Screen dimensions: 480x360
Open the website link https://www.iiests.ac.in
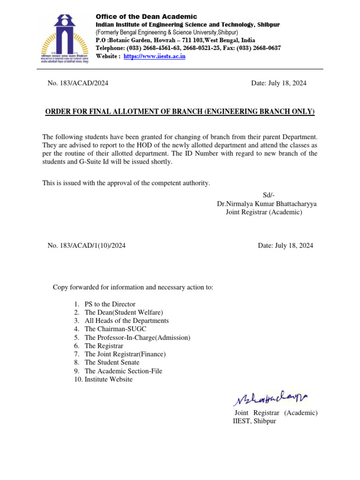[x=154, y=56]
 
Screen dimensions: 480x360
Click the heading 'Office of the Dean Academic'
[x=146, y=16]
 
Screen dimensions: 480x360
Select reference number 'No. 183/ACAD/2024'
[x=78, y=83]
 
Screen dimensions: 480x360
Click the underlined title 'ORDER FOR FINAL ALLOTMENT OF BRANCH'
[x=180, y=112]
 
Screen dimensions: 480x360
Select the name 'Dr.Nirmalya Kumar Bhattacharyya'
[x=266, y=204]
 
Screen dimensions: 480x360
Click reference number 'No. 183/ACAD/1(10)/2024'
[x=86, y=245]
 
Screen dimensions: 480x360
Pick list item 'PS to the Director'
[x=110, y=304]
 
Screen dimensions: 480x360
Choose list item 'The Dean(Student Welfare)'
[x=124, y=312]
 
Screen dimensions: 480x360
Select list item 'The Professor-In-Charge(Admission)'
[x=137, y=337]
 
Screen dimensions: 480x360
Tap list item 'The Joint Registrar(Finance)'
[x=125, y=354]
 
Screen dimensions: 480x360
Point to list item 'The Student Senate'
[x=112, y=362]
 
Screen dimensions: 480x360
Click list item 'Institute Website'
[x=108, y=379]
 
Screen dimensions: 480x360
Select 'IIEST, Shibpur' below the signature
[x=255, y=421]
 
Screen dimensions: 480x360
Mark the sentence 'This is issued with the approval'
[x=126, y=183]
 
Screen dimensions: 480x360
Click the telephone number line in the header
[x=188, y=48]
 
